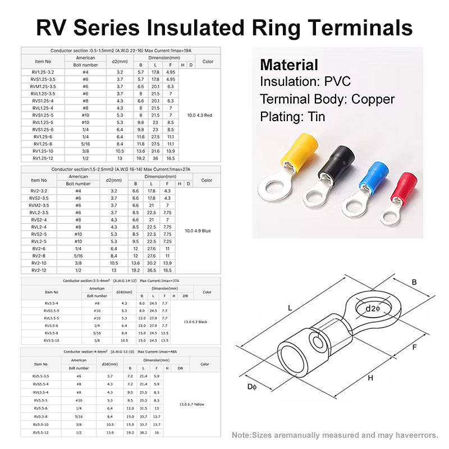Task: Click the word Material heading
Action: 288,65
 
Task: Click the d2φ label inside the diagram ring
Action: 373,309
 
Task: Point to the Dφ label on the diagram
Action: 252,388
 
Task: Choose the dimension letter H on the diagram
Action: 370,378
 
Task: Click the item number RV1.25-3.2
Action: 43,72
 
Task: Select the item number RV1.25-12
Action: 43,158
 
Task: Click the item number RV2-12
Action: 39,270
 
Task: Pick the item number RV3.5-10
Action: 51,340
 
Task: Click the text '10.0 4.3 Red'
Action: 200,115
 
